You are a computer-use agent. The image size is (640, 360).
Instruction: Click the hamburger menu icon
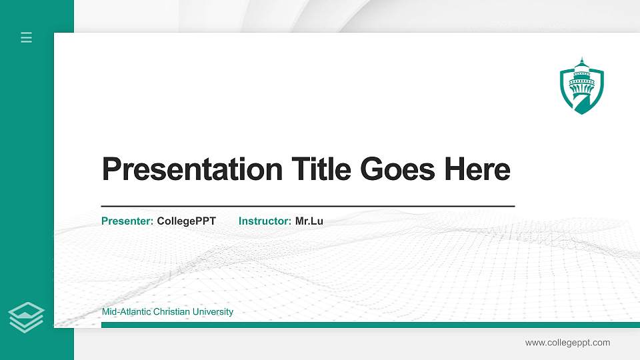26,37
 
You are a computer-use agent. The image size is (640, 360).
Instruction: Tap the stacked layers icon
26,316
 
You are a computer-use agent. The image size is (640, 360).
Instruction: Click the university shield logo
581,87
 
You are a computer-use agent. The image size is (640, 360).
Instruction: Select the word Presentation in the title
192,169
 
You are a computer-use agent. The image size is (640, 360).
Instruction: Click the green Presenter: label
127,221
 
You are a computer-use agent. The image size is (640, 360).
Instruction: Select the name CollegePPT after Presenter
186,221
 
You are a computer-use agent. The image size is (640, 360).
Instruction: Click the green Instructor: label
265,221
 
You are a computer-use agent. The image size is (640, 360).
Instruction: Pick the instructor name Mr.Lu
309,221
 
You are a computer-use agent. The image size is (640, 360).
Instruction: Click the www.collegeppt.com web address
567,343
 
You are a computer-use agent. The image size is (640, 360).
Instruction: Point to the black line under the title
307,207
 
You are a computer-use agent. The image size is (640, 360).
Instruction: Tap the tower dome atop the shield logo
581,64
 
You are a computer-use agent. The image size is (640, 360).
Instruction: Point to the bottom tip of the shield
581,113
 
